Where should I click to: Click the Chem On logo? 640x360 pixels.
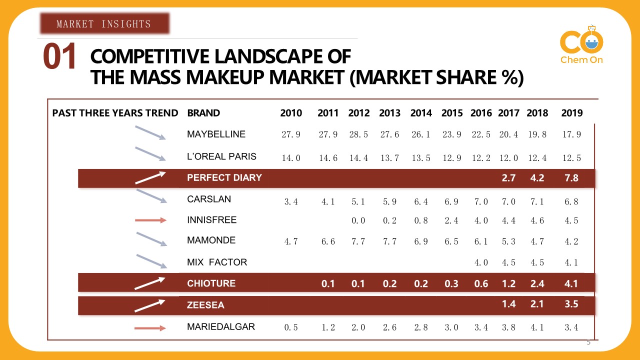coord(581,46)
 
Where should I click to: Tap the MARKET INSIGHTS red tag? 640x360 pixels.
coord(104,23)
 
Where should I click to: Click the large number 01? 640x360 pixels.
coord(59,57)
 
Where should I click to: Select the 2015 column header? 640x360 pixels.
coord(452,113)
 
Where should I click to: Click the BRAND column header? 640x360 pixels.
coord(203,113)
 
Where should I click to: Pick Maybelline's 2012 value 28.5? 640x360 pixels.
coord(358,135)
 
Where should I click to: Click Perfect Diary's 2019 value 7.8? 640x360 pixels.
coord(571,178)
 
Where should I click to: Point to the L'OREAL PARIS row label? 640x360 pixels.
coord(221,156)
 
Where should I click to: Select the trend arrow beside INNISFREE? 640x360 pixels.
coord(150,220)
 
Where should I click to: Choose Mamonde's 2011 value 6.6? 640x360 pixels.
coord(327,242)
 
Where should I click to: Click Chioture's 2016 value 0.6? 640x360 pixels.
coord(480,283)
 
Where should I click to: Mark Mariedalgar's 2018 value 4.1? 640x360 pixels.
coord(537,328)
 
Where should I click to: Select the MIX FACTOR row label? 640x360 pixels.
coord(217,262)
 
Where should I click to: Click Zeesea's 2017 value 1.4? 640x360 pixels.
coord(508,304)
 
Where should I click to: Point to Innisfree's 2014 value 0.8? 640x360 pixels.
coord(420,220)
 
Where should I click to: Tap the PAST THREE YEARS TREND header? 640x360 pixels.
coord(115,113)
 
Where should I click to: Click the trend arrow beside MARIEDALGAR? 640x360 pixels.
coord(150,328)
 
